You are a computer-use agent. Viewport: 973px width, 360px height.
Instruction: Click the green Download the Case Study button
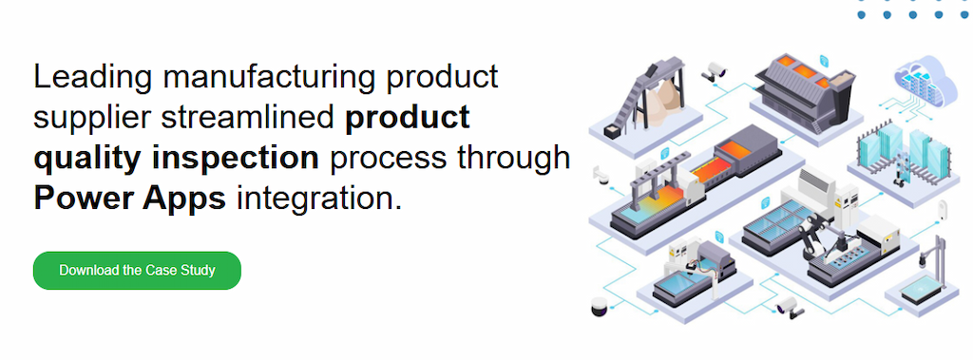(137, 271)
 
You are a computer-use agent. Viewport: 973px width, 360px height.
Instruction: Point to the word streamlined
(248, 117)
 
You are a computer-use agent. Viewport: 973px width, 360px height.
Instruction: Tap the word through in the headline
(514, 158)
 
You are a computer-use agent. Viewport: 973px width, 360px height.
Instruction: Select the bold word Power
(82, 198)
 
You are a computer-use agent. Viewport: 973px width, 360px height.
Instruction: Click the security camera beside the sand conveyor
(714, 71)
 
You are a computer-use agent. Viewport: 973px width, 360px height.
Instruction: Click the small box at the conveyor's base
(612, 131)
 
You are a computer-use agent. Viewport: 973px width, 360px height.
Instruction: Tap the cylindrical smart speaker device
(600, 306)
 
